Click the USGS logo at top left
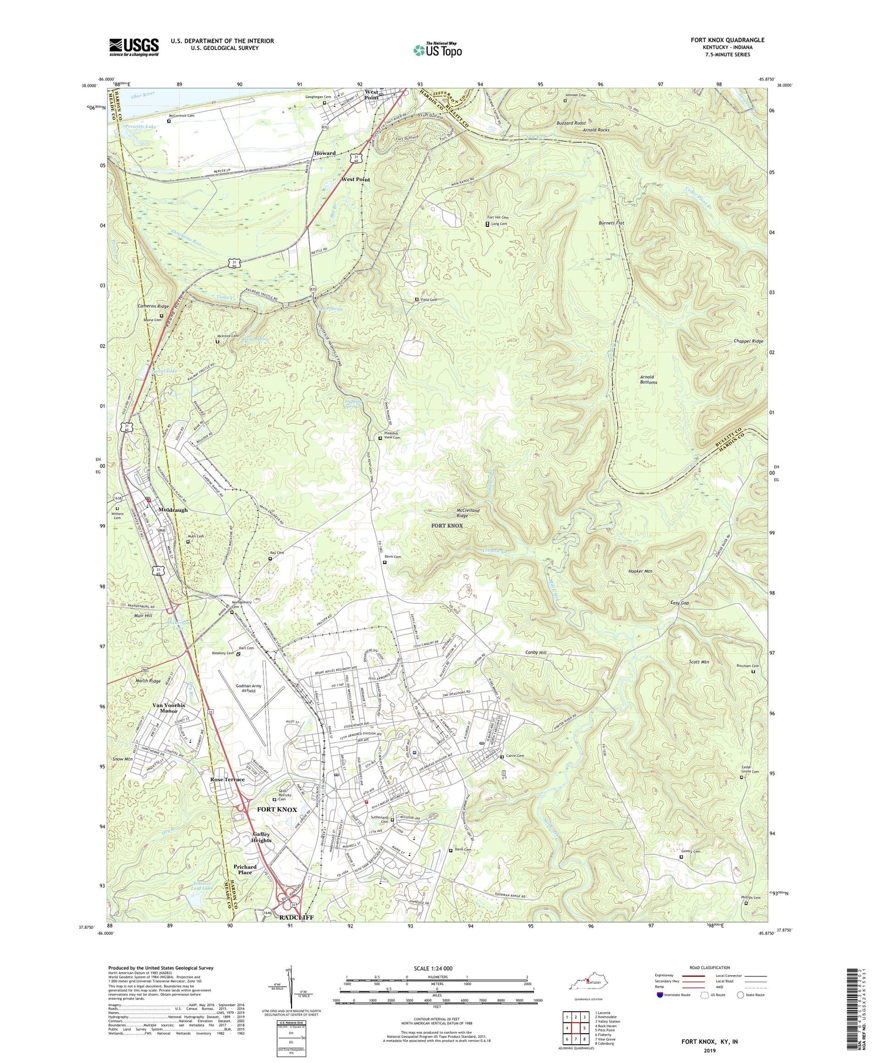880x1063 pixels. pyautogui.click(x=134, y=47)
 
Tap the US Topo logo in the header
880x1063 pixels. pyautogui.click(x=437, y=50)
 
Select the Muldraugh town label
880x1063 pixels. pyautogui.click(x=172, y=510)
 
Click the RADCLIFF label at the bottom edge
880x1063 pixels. pyautogui.click(x=296, y=917)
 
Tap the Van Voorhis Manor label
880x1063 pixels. pyautogui.click(x=169, y=708)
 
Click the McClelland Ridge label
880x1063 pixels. pyautogui.click(x=468, y=513)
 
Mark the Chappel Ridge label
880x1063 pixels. pyautogui.click(x=749, y=341)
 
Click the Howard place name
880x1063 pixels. pyautogui.click(x=324, y=153)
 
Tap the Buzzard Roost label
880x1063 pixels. pyautogui.click(x=571, y=123)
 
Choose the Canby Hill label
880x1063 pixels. pyautogui.click(x=534, y=652)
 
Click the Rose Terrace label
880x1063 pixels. pyautogui.click(x=228, y=779)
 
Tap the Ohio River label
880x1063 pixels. pyautogui.click(x=143, y=95)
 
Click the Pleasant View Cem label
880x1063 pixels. pyautogui.click(x=392, y=435)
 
